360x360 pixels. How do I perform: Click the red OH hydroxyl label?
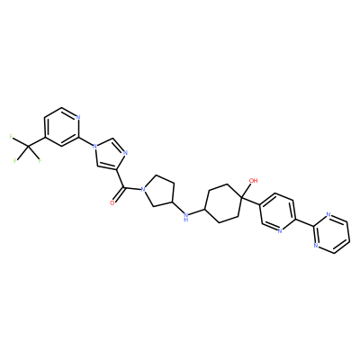pyautogui.click(x=254, y=181)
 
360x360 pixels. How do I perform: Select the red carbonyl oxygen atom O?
pyautogui.click(x=112, y=202)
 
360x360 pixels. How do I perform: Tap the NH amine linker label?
pyautogui.click(x=186, y=217)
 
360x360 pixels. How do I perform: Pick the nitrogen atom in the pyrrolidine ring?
pyautogui.click(x=143, y=189)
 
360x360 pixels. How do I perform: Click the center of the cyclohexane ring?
pyautogui.click(x=223, y=203)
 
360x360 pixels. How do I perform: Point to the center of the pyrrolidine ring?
pyautogui.click(x=159, y=191)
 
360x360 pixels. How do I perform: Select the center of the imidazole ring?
pyautogui.click(x=110, y=155)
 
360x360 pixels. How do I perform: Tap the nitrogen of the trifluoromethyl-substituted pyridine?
pyautogui.click(x=78, y=117)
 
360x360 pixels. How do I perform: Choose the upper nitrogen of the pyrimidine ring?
pyautogui.click(x=328, y=214)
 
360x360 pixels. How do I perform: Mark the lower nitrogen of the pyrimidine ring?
pyautogui.click(x=316, y=246)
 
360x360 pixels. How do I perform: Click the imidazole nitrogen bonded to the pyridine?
pyautogui.click(x=94, y=146)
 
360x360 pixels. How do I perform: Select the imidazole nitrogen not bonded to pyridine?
pyautogui.click(x=125, y=153)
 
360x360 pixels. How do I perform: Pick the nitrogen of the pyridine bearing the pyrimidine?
pyautogui.click(x=279, y=231)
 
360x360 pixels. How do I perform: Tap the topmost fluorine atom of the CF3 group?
pyautogui.click(x=11, y=137)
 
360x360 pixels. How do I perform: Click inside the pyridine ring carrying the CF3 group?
pyautogui.click(x=61, y=127)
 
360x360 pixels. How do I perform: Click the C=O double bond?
pyautogui.click(x=118, y=195)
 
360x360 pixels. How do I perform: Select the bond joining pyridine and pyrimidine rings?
pyautogui.click(x=304, y=221)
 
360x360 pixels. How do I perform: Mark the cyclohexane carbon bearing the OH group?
pyautogui.click(x=242, y=196)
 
